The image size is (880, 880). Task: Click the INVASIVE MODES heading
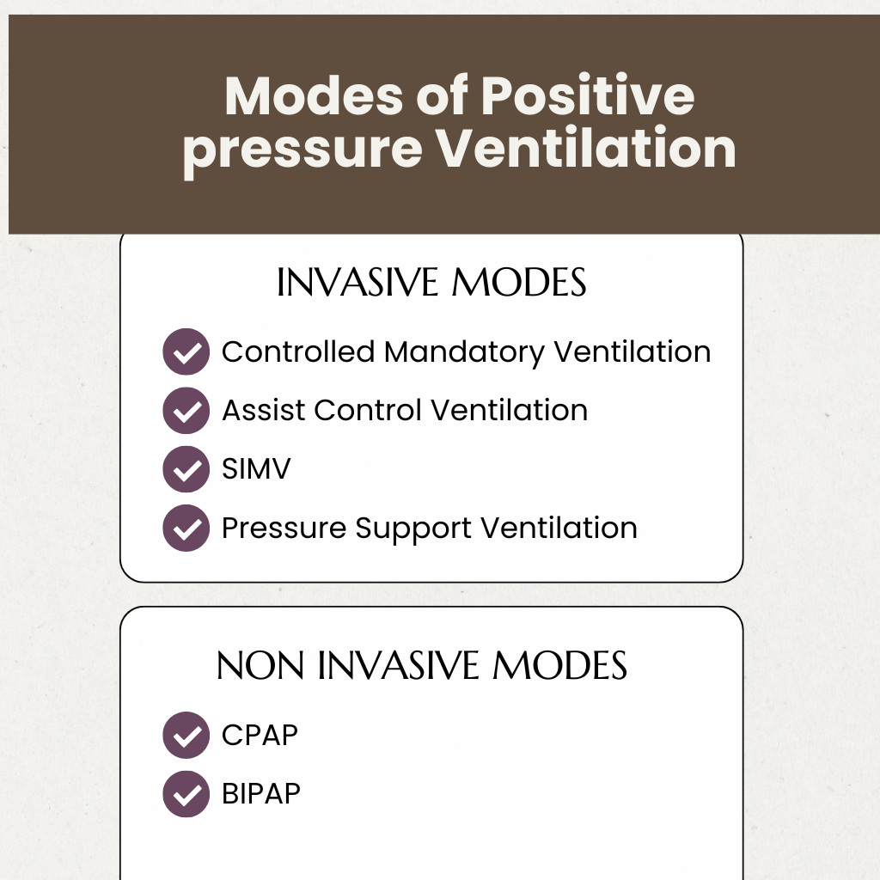click(431, 284)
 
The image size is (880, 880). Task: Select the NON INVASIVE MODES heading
click(422, 666)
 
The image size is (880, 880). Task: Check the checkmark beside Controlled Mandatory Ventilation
click(186, 352)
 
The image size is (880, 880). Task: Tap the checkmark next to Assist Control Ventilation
click(186, 411)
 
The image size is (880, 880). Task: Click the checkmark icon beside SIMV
click(186, 469)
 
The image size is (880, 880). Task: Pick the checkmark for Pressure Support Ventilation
click(186, 528)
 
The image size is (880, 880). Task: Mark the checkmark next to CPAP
click(186, 736)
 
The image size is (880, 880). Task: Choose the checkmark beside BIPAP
click(186, 793)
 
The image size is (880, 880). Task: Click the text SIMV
click(256, 469)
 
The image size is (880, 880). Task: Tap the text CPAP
click(260, 736)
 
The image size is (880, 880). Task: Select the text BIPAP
click(261, 793)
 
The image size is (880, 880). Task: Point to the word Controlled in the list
click(298, 352)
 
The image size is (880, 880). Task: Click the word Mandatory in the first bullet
click(464, 352)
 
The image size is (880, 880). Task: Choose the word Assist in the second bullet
click(264, 411)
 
